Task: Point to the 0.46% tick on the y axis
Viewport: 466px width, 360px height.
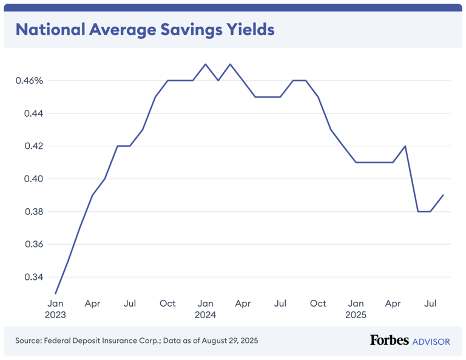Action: click(x=30, y=81)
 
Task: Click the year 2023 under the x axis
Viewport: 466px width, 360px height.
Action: click(x=55, y=315)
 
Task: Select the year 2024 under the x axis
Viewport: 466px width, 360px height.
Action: click(x=205, y=315)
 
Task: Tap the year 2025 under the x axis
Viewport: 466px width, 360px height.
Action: click(x=356, y=315)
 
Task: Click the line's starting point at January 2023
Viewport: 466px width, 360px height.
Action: click(x=55, y=293)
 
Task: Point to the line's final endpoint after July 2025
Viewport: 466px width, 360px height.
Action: click(x=443, y=195)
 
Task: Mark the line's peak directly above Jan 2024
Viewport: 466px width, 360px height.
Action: click(x=205, y=64)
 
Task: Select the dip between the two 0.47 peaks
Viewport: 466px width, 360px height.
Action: click(x=218, y=80)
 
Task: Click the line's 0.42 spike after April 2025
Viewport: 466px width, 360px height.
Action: click(x=405, y=146)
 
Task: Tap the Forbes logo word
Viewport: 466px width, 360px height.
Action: click(x=390, y=341)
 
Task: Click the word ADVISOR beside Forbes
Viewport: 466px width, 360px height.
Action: click(x=431, y=342)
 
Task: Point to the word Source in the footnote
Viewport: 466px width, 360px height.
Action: click(x=29, y=341)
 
